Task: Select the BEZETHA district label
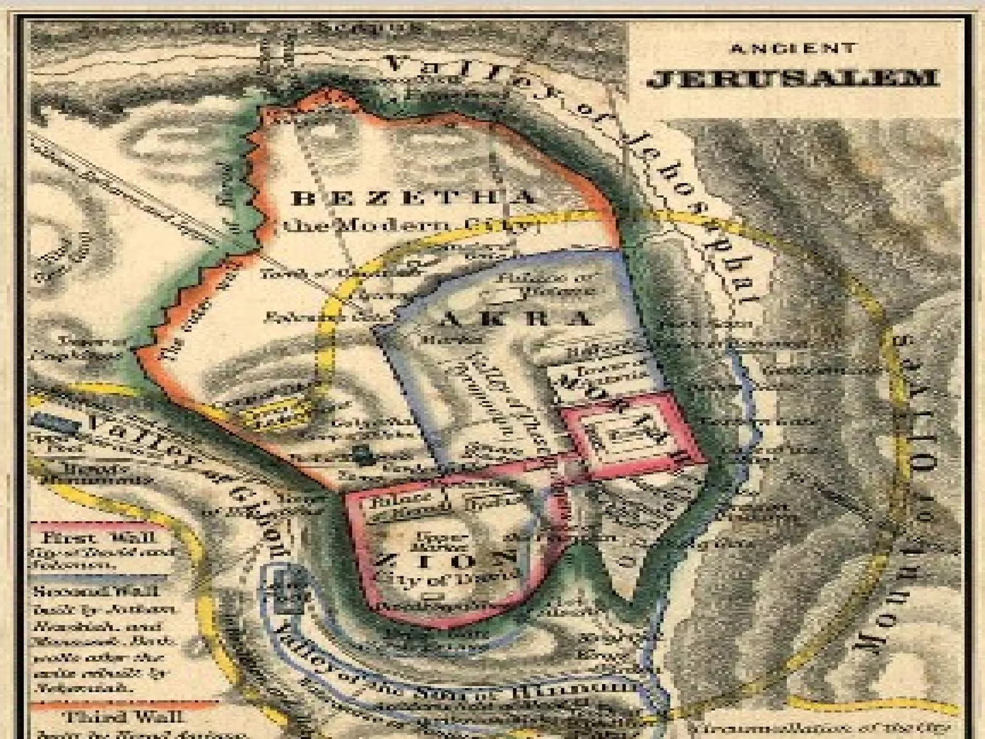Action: (x=414, y=198)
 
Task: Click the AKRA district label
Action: (x=515, y=319)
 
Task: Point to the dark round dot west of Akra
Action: (x=359, y=455)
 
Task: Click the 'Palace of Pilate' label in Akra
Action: (x=546, y=284)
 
